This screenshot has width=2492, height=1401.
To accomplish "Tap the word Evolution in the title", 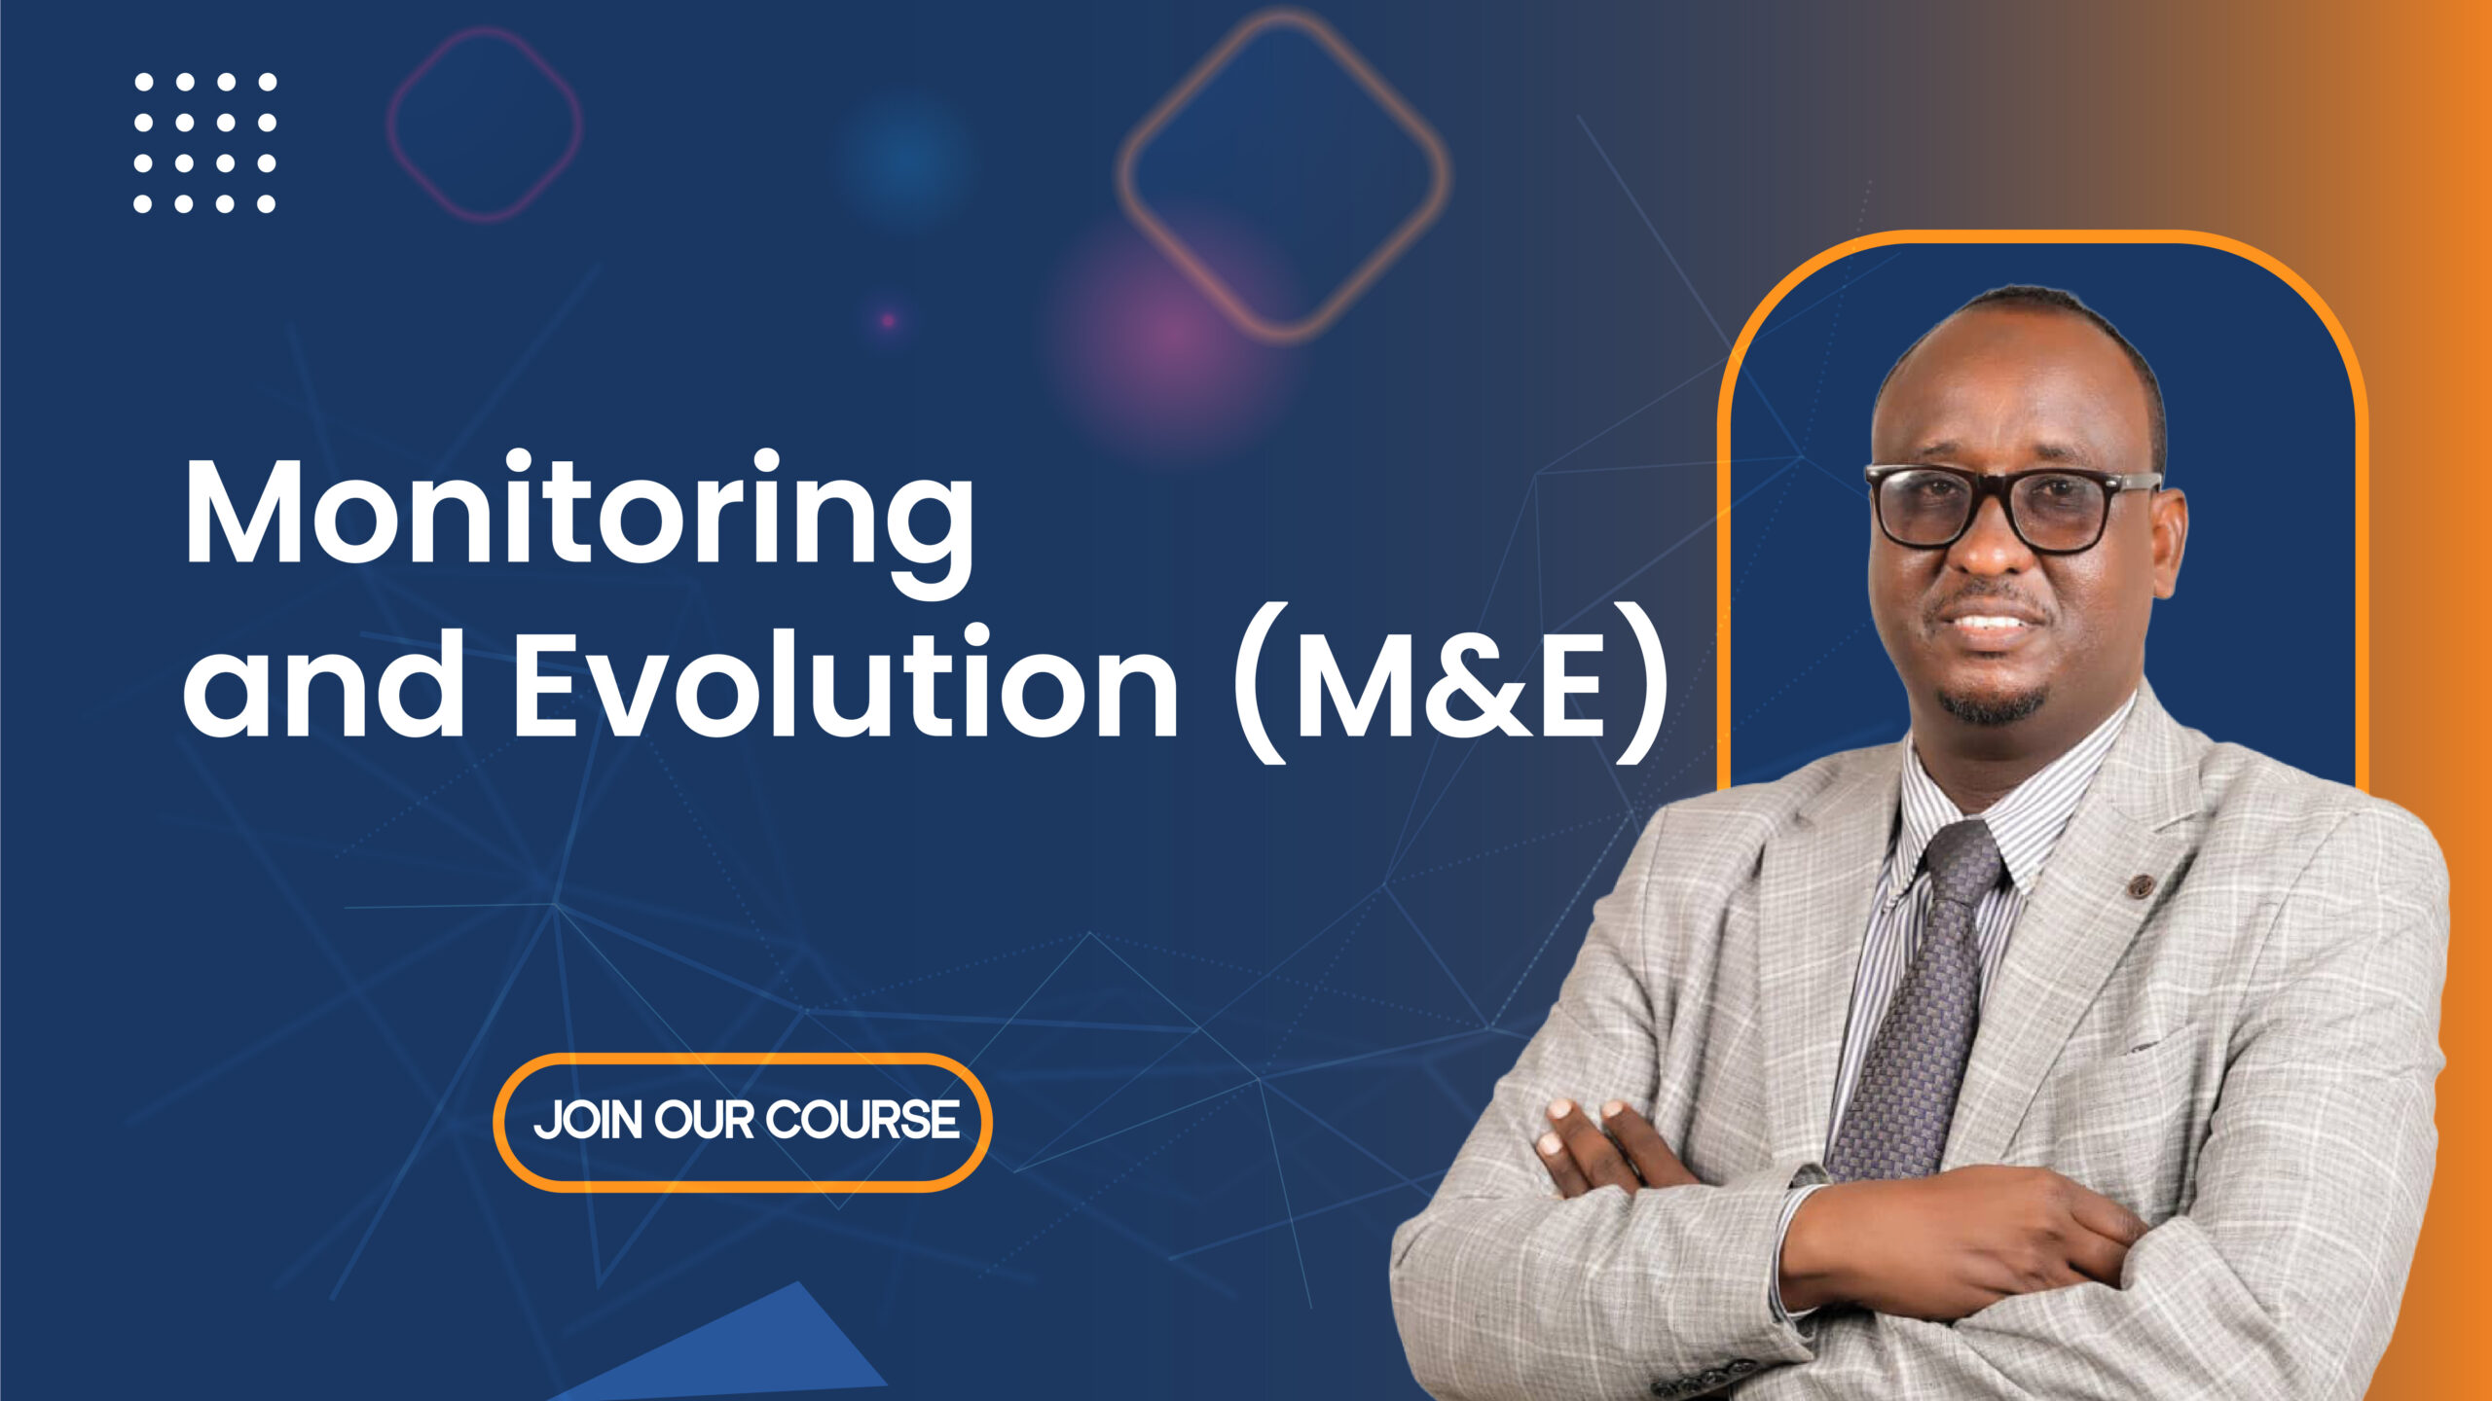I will (x=845, y=683).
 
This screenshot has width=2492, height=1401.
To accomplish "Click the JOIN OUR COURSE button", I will (x=744, y=1122).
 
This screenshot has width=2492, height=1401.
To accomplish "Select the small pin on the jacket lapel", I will (x=2140, y=885).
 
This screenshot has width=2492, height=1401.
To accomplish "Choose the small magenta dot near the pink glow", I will (x=888, y=320).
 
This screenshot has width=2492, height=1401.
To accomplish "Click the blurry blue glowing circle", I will (x=903, y=158).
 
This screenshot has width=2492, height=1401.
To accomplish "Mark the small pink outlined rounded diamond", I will (x=484, y=124).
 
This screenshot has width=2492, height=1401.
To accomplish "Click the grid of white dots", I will (x=204, y=142).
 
